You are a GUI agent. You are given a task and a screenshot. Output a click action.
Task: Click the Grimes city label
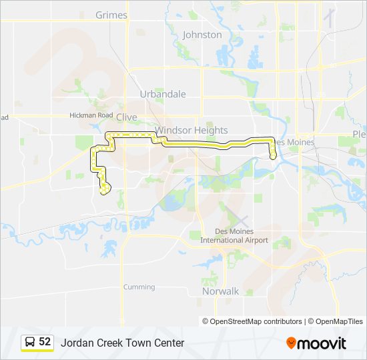[111, 15]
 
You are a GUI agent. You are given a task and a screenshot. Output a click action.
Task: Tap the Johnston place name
[202, 35]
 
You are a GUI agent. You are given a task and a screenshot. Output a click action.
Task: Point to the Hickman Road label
[91, 115]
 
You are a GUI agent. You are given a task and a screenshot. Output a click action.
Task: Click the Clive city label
[126, 117]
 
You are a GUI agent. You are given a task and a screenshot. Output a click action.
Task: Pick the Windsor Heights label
[192, 131]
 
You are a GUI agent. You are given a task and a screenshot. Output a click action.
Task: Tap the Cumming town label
[139, 287]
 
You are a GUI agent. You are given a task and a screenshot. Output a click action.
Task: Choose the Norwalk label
[220, 291]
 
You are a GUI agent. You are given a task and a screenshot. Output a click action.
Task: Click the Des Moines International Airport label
[234, 237]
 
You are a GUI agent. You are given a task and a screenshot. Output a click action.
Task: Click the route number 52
[45, 342]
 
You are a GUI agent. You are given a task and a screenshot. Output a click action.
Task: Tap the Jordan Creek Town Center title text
[122, 343]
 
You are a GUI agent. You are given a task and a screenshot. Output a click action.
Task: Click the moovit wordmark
[322, 343]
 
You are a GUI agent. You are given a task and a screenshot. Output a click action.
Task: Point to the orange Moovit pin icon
[291, 343]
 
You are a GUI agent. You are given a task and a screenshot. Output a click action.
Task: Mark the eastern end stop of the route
[274, 155]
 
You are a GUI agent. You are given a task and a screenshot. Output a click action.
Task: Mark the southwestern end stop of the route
[103, 190]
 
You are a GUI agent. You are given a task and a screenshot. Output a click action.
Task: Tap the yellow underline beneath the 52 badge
[37, 351]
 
